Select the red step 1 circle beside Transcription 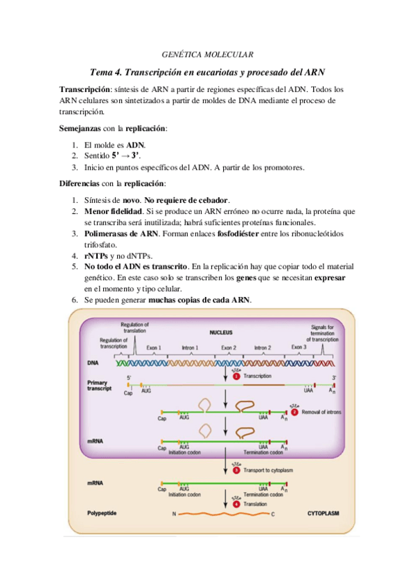pos(236,375)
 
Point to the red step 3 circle pos(236,470)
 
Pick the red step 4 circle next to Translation pos(236,504)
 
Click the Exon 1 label pos(154,347)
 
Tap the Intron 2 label pos(263,347)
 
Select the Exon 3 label pos(299,347)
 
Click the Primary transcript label pos(102,386)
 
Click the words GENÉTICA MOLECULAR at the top pos(207,53)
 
